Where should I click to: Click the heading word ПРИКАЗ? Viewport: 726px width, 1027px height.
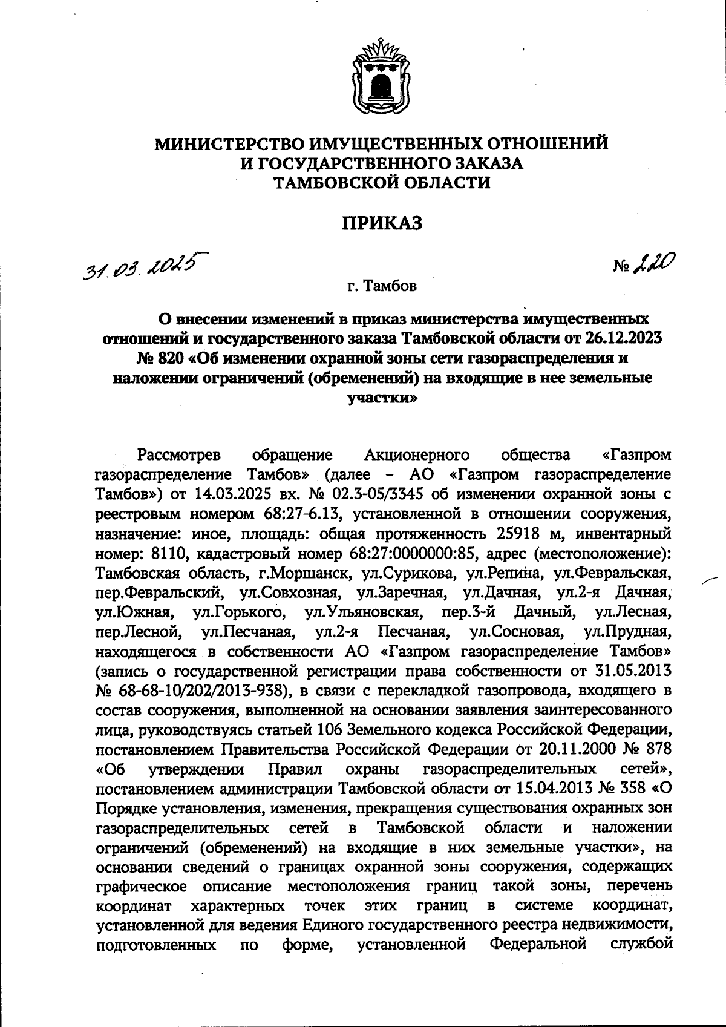point(382,224)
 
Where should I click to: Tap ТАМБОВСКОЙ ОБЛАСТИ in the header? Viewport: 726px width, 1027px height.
point(382,182)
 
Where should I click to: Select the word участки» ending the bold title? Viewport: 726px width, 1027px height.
point(382,399)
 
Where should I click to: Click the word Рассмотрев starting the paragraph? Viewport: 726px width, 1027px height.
point(180,454)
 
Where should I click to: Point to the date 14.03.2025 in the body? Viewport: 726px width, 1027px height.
point(228,493)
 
